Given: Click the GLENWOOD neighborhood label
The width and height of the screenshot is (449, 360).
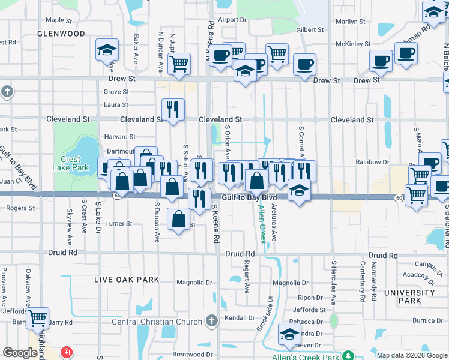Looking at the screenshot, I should click(61, 34).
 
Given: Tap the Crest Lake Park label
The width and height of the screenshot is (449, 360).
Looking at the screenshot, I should click(74, 163).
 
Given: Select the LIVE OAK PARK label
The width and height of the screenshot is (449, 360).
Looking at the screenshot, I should click(127, 280).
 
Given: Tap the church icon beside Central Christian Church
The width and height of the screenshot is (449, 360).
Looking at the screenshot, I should click(211, 322).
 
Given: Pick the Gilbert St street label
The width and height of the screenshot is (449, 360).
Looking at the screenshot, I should click(310, 29).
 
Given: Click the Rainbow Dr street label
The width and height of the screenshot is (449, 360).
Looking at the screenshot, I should click(376, 162).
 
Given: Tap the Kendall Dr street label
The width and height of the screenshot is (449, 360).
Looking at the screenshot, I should click(240, 317).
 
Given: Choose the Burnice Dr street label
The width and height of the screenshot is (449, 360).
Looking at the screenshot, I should click(427, 320).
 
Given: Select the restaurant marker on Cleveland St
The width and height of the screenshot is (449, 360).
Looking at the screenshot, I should click(173, 110).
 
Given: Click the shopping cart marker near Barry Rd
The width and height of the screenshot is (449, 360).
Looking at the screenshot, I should click(37, 319).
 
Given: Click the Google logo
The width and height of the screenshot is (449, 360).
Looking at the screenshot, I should click(20, 353).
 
